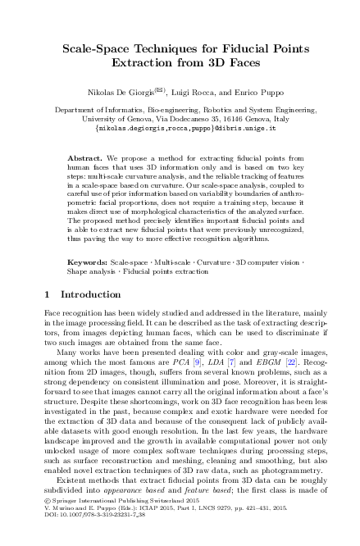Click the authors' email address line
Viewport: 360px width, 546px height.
(x=180, y=129)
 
